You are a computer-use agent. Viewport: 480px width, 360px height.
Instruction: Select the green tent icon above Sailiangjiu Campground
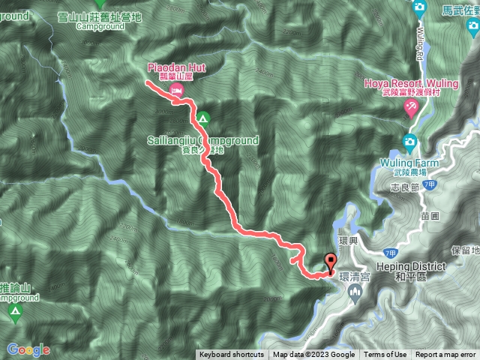203,118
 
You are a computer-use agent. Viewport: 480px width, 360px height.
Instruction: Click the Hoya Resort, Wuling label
410,83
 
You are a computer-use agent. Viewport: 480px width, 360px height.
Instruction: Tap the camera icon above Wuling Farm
409,141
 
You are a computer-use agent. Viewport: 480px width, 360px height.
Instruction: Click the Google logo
28,349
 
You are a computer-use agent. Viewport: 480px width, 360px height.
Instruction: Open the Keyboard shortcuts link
231,355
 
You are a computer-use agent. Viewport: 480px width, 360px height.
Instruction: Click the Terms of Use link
385,355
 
